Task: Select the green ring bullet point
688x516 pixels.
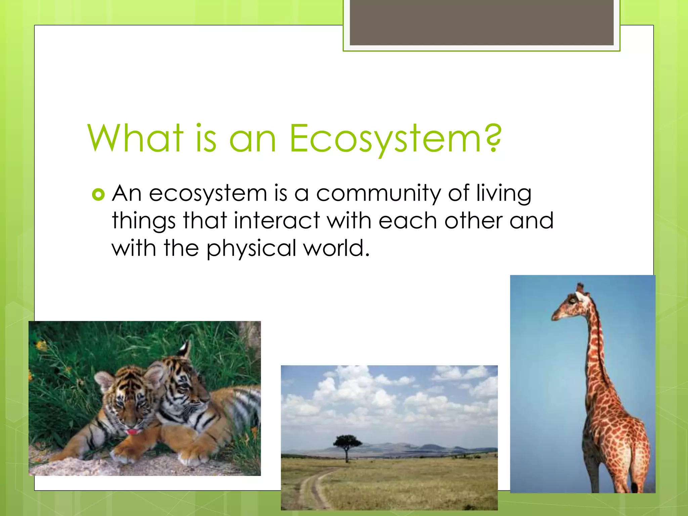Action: tap(98, 195)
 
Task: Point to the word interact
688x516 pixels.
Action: tap(276, 221)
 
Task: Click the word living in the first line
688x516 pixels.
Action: tap(504, 194)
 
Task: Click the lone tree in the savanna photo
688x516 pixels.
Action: tap(347, 443)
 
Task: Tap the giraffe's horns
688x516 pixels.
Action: tap(580, 287)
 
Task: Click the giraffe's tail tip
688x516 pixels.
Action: tap(634, 487)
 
